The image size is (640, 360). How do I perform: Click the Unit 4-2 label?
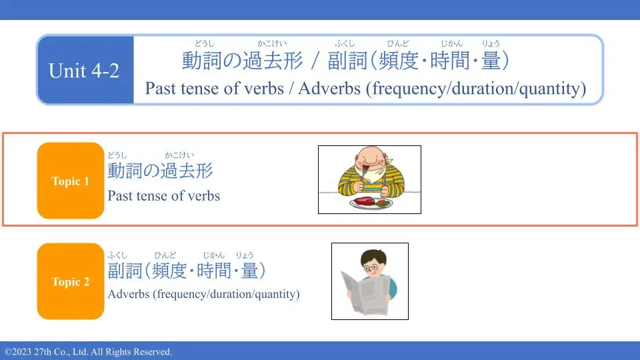pos(84,71)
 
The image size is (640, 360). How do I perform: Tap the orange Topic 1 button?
pos(71,181)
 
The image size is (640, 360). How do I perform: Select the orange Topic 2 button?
pos(71,281)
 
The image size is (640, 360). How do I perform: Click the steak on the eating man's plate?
pos(363,201)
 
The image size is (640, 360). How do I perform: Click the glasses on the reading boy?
pos(371,268)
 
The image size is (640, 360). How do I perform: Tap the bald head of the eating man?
pos(369,153)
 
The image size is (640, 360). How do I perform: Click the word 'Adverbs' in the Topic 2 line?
pos(129,294)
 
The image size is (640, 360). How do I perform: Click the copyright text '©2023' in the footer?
pos(18,352)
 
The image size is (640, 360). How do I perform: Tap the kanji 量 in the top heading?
pos(491,61)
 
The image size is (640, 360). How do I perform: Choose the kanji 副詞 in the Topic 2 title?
pos(125,271)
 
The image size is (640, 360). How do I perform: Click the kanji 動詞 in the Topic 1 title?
pos(125,171)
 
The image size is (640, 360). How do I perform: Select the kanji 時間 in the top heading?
pos(450,61)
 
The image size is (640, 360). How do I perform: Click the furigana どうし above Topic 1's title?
pos(117,155)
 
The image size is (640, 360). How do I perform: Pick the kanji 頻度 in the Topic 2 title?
pos(169,271)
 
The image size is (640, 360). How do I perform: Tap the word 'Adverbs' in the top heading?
pos(329,88)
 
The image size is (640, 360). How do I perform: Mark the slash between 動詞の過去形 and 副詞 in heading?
pos(315,61)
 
